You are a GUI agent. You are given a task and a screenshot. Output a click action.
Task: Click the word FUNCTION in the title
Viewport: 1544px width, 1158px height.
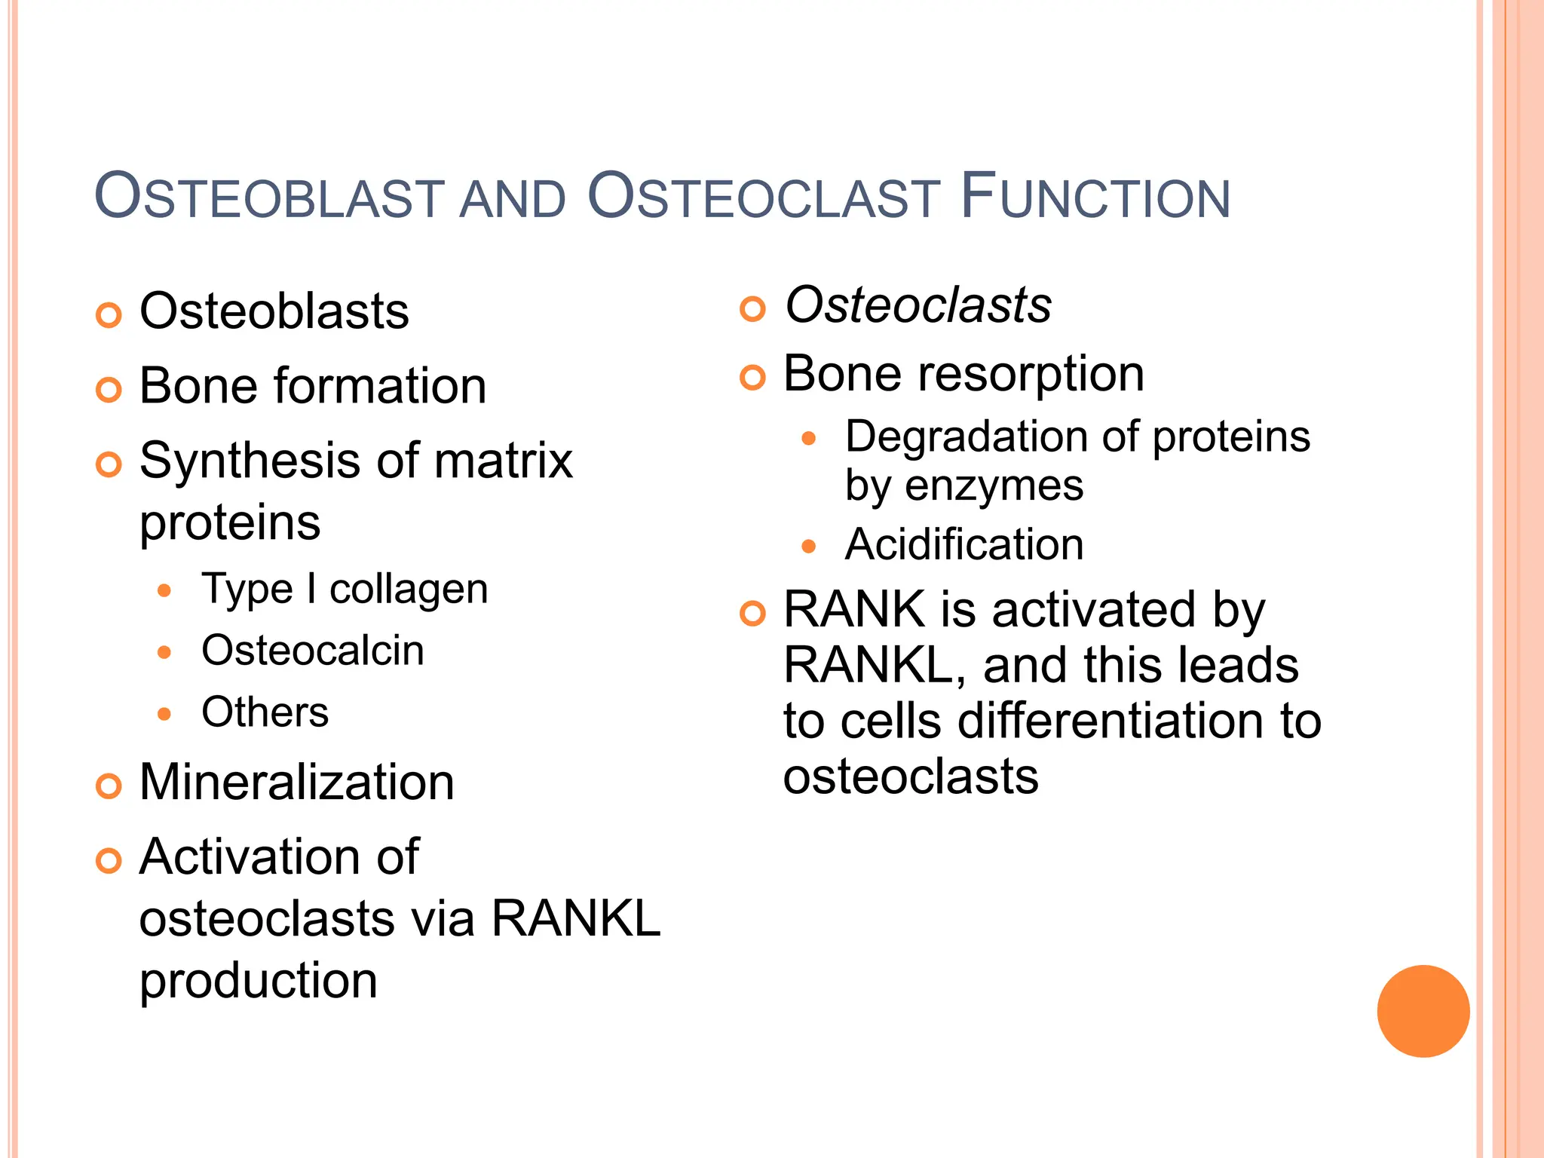(x=1095, y=198)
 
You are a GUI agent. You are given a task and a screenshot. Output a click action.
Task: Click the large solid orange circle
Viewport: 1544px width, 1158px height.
(x=1423, y=1011)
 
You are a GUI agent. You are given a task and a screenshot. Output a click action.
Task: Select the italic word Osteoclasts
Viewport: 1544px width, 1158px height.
(x=918, y=305)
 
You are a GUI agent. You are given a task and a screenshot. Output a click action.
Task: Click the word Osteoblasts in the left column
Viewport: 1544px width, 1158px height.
(x=274, y=311)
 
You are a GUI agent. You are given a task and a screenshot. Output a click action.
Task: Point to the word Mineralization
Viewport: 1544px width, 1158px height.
(x=296, y=782)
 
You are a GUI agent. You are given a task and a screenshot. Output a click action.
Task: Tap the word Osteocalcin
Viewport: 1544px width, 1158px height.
(x=312, y=650)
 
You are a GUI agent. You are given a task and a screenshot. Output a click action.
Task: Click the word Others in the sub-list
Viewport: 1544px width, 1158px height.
(x=265, y=712)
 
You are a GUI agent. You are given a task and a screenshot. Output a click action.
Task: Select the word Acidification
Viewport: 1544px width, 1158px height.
(x=964, y=544)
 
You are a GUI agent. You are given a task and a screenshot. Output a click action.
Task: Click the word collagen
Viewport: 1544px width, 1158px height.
(x=409, y=590)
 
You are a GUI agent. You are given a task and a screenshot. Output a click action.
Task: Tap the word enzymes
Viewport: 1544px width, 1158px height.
(x=994, y=486)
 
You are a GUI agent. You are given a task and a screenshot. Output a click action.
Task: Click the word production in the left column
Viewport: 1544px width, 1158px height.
(x=258, y=982)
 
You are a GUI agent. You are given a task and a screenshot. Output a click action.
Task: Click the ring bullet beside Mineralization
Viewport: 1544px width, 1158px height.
(x=109, y=786)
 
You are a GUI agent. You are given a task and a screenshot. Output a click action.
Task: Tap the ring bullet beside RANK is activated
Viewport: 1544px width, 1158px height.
(x=752, y=613)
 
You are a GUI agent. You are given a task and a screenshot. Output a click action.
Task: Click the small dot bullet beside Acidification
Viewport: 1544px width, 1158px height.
(x=809, y=547)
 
